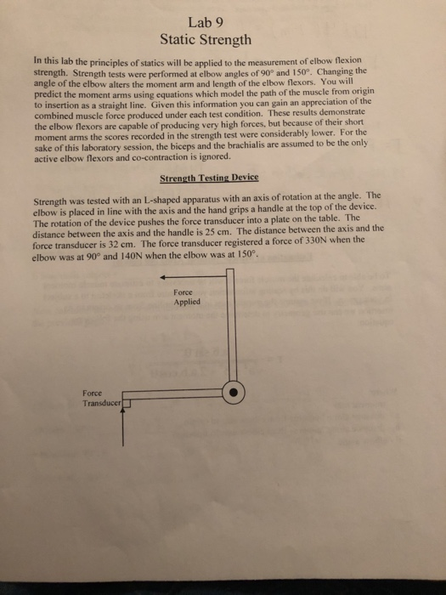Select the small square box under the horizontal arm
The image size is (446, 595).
pos(128,404)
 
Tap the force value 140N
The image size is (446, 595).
pos(136,253)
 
